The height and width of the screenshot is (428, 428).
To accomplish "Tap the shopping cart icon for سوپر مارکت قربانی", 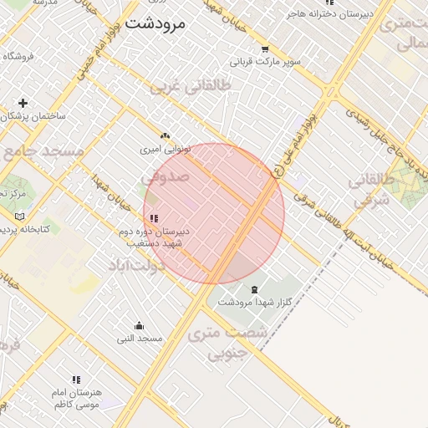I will click(266, 48).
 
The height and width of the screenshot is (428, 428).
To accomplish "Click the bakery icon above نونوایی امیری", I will click(165, 135).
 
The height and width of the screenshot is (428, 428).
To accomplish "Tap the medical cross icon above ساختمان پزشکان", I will click(23, 103).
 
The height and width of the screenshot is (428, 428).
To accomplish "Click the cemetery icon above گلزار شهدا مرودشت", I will click(254, 289).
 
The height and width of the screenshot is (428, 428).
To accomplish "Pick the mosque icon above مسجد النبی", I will click(139, 326).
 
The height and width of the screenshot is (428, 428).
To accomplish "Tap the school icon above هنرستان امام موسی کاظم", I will click(76, 380).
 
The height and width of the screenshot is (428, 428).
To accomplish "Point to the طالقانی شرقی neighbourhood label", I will click(369, 191).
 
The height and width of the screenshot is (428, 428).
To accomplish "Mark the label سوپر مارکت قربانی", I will click(266, 62).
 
